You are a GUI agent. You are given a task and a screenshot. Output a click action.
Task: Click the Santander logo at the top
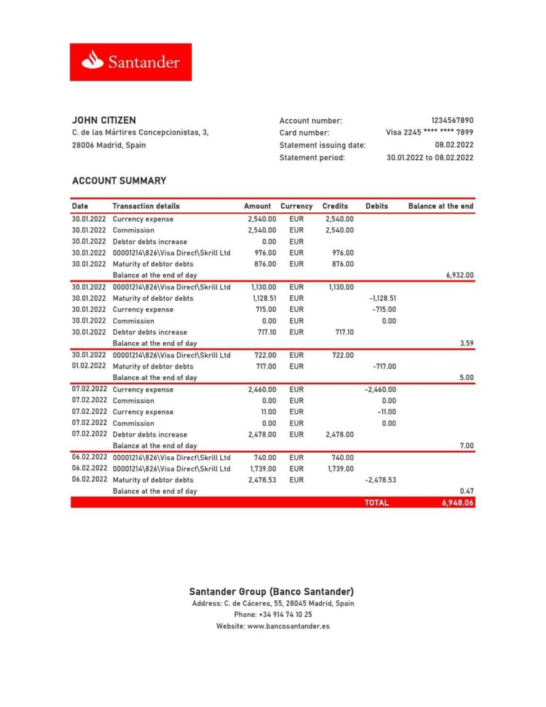tap(131, 62)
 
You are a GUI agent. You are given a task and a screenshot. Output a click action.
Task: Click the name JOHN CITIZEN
tap(104, 120)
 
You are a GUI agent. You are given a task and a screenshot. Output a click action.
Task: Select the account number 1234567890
tap(452, 121)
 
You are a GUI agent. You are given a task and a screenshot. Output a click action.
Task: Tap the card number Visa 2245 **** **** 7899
tap(429, 132)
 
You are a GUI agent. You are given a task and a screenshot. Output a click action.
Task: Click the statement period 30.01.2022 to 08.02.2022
tap(430, 158)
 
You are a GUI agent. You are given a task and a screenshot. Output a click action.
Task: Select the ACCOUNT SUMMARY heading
tap(119, 181)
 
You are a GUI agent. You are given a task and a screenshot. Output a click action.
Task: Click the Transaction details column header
tap(146, 206)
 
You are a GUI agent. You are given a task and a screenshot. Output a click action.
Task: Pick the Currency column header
tap(296, 206)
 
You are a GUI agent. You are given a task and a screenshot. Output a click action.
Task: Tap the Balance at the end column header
tap(441, 206)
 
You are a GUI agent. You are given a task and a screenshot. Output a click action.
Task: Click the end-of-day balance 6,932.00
tap(459, 275)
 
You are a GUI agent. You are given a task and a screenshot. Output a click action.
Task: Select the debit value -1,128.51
tap(383, 298)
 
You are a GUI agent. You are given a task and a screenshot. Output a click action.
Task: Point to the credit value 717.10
tap(342, 332)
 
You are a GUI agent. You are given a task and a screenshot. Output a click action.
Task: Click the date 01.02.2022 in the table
tap(88, 366)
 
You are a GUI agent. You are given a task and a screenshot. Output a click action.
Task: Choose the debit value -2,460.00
tap(380, 389)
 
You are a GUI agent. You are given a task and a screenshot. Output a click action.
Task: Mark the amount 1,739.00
tap(262, 468)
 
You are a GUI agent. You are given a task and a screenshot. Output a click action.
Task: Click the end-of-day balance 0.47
tap(466, 491)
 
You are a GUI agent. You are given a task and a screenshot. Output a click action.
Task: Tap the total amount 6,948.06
tap(458, 502)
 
